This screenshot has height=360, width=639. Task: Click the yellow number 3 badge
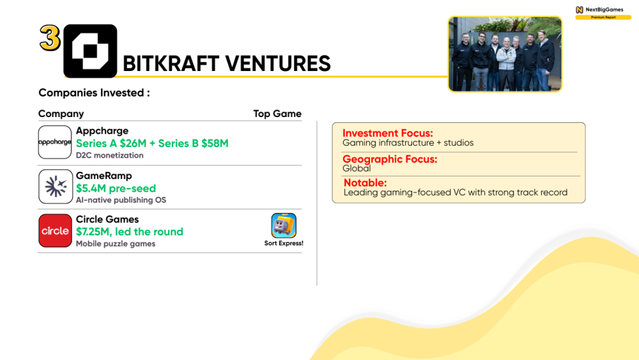(50, 38)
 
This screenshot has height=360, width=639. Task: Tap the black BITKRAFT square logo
(90, 51)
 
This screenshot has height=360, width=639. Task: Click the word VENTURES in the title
(278, 63)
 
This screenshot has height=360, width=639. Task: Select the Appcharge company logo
(55, 142)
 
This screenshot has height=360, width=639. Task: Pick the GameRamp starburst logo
(56, 187)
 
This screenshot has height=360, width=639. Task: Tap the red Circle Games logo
(55, 231)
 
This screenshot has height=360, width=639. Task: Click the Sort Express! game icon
(284, 225)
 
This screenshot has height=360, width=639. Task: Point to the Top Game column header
(277, 114)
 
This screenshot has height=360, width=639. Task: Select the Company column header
(61, 114)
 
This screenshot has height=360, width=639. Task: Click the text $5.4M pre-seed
(116, 189)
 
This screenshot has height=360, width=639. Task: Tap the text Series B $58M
(193, 143)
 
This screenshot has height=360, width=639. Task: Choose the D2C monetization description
(110, 155)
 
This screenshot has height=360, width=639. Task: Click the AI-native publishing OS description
(121, 200)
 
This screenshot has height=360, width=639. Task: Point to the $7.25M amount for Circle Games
(93, 232)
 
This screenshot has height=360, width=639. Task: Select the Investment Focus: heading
(388, 133)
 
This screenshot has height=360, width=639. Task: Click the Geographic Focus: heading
(390, 159)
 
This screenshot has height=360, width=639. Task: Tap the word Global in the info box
(357, 168)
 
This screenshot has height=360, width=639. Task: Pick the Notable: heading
(365, 183)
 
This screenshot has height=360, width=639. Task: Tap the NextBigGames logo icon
(580, 10)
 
